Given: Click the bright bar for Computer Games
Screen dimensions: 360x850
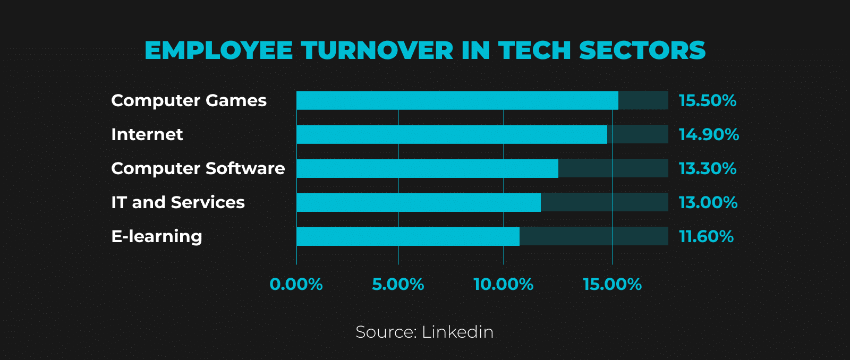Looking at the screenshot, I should [457, 100].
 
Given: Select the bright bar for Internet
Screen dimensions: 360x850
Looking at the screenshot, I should [452, 134].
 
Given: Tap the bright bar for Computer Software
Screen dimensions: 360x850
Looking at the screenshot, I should [427, 168].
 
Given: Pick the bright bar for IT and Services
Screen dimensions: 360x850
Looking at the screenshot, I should [419, 202].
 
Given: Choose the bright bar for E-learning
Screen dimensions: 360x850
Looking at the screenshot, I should [408, 236].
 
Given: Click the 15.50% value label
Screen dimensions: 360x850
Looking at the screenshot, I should [708, 100].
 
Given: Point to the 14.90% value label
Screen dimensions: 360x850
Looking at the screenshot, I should [709, 134].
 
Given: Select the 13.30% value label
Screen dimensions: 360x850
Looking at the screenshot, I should [708, 168].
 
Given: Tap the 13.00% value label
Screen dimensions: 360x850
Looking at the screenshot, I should [708, 202].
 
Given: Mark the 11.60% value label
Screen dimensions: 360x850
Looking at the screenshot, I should [706, 236].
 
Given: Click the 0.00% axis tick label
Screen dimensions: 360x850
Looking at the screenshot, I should [296, 285].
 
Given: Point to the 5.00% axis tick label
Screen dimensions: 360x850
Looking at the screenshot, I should [398, 285].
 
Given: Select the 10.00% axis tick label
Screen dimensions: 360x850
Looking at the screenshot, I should [503, 285].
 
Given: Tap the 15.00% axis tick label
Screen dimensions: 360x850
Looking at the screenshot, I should [612, 285].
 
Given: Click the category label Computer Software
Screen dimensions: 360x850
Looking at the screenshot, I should [198, 168].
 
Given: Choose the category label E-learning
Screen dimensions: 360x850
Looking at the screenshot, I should [157, 236].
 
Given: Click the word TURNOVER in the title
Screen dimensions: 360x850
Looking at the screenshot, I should [378, 50].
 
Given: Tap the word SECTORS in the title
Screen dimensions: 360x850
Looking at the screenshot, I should [642, 50].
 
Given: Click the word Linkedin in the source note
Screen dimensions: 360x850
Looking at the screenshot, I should [457, 332].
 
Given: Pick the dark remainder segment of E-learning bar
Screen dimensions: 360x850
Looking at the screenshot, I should [593, 236].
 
